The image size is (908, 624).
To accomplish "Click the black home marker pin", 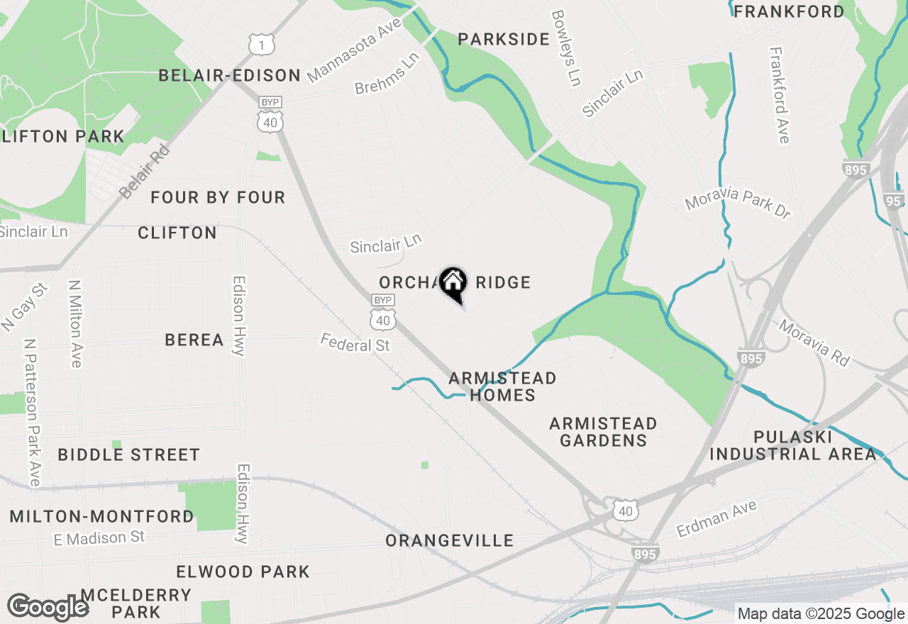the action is click(453, 284).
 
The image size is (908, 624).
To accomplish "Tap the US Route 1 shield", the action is click(261, 45).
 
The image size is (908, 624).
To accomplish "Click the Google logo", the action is click(48, 607).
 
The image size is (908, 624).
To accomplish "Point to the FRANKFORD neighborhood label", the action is click(789, 12).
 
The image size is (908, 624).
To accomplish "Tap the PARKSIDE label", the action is click(504, 40).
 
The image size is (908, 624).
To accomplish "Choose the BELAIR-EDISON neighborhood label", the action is click(230, 76).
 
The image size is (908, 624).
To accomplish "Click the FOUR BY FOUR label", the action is click(218, 198).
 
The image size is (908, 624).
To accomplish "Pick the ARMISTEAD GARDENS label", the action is click(603, 432).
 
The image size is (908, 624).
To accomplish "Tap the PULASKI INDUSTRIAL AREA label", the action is click(793, 445).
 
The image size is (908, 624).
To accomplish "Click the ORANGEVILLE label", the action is click(450, 541).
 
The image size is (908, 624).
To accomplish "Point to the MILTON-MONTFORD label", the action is click(102, 517).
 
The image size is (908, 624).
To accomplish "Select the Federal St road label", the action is click(355, 343).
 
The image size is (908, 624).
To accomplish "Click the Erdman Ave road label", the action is click(716, 518).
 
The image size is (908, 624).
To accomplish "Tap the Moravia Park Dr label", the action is click(737, 204).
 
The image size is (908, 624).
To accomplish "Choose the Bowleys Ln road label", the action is click(565, 48).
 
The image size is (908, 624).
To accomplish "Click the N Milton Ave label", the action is click(74, 323).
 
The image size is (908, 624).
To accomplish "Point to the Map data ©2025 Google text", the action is click(820, 614).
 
